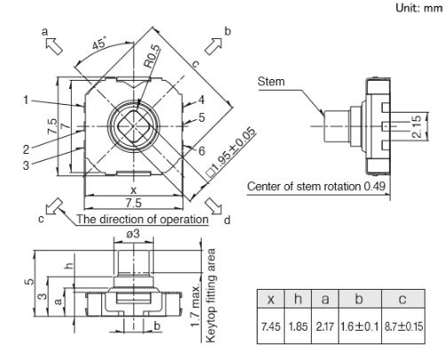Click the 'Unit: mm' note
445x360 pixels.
[418, 8]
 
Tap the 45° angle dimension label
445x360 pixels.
[99, 44]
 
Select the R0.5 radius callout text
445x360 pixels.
[152, 56]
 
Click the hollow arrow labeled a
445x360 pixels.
[54, 46]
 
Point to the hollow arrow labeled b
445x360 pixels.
[213, 46]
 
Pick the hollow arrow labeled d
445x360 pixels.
[213, 205]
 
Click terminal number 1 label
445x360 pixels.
[26, 100]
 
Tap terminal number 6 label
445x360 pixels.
[202, 151]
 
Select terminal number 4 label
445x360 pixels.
[202, 100]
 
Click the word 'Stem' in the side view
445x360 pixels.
[271, 82]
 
